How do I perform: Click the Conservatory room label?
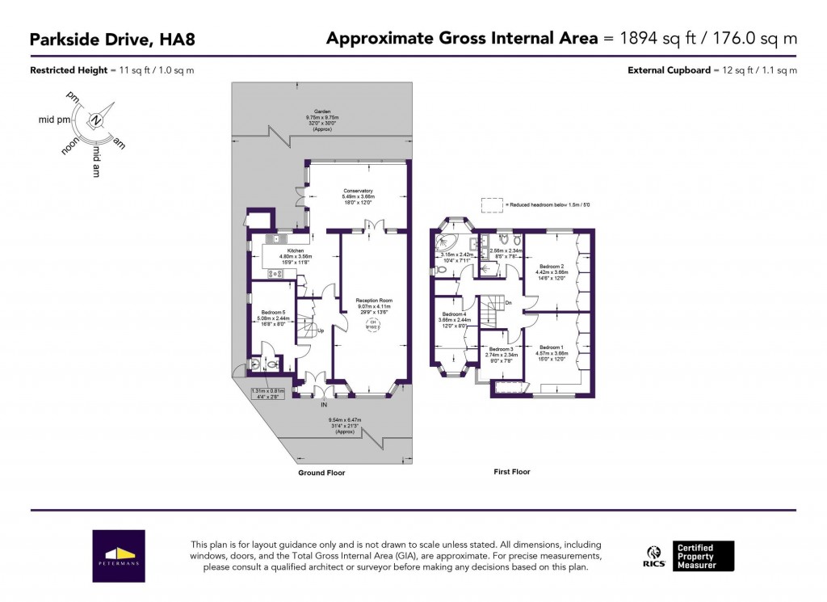click(x=357, y=191)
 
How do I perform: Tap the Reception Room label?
click(x=373, y=300)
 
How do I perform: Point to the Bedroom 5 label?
click(x=273, y=313)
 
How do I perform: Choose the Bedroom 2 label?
click(x=551, y=266)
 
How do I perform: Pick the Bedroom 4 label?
click(x=453, y=314)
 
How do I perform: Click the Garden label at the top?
click(x=323, y=112)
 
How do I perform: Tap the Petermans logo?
click(x=119, y=556)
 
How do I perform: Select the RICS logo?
click(x=654, y=558)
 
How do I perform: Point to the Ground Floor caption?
click(x=322, y=473)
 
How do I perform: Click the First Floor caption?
click(x=512, y=471)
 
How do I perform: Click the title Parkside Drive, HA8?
click(x=112, y=38)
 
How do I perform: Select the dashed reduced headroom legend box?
click(x=490, y=204)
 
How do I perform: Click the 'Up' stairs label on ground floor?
click(x=321, y=331)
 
